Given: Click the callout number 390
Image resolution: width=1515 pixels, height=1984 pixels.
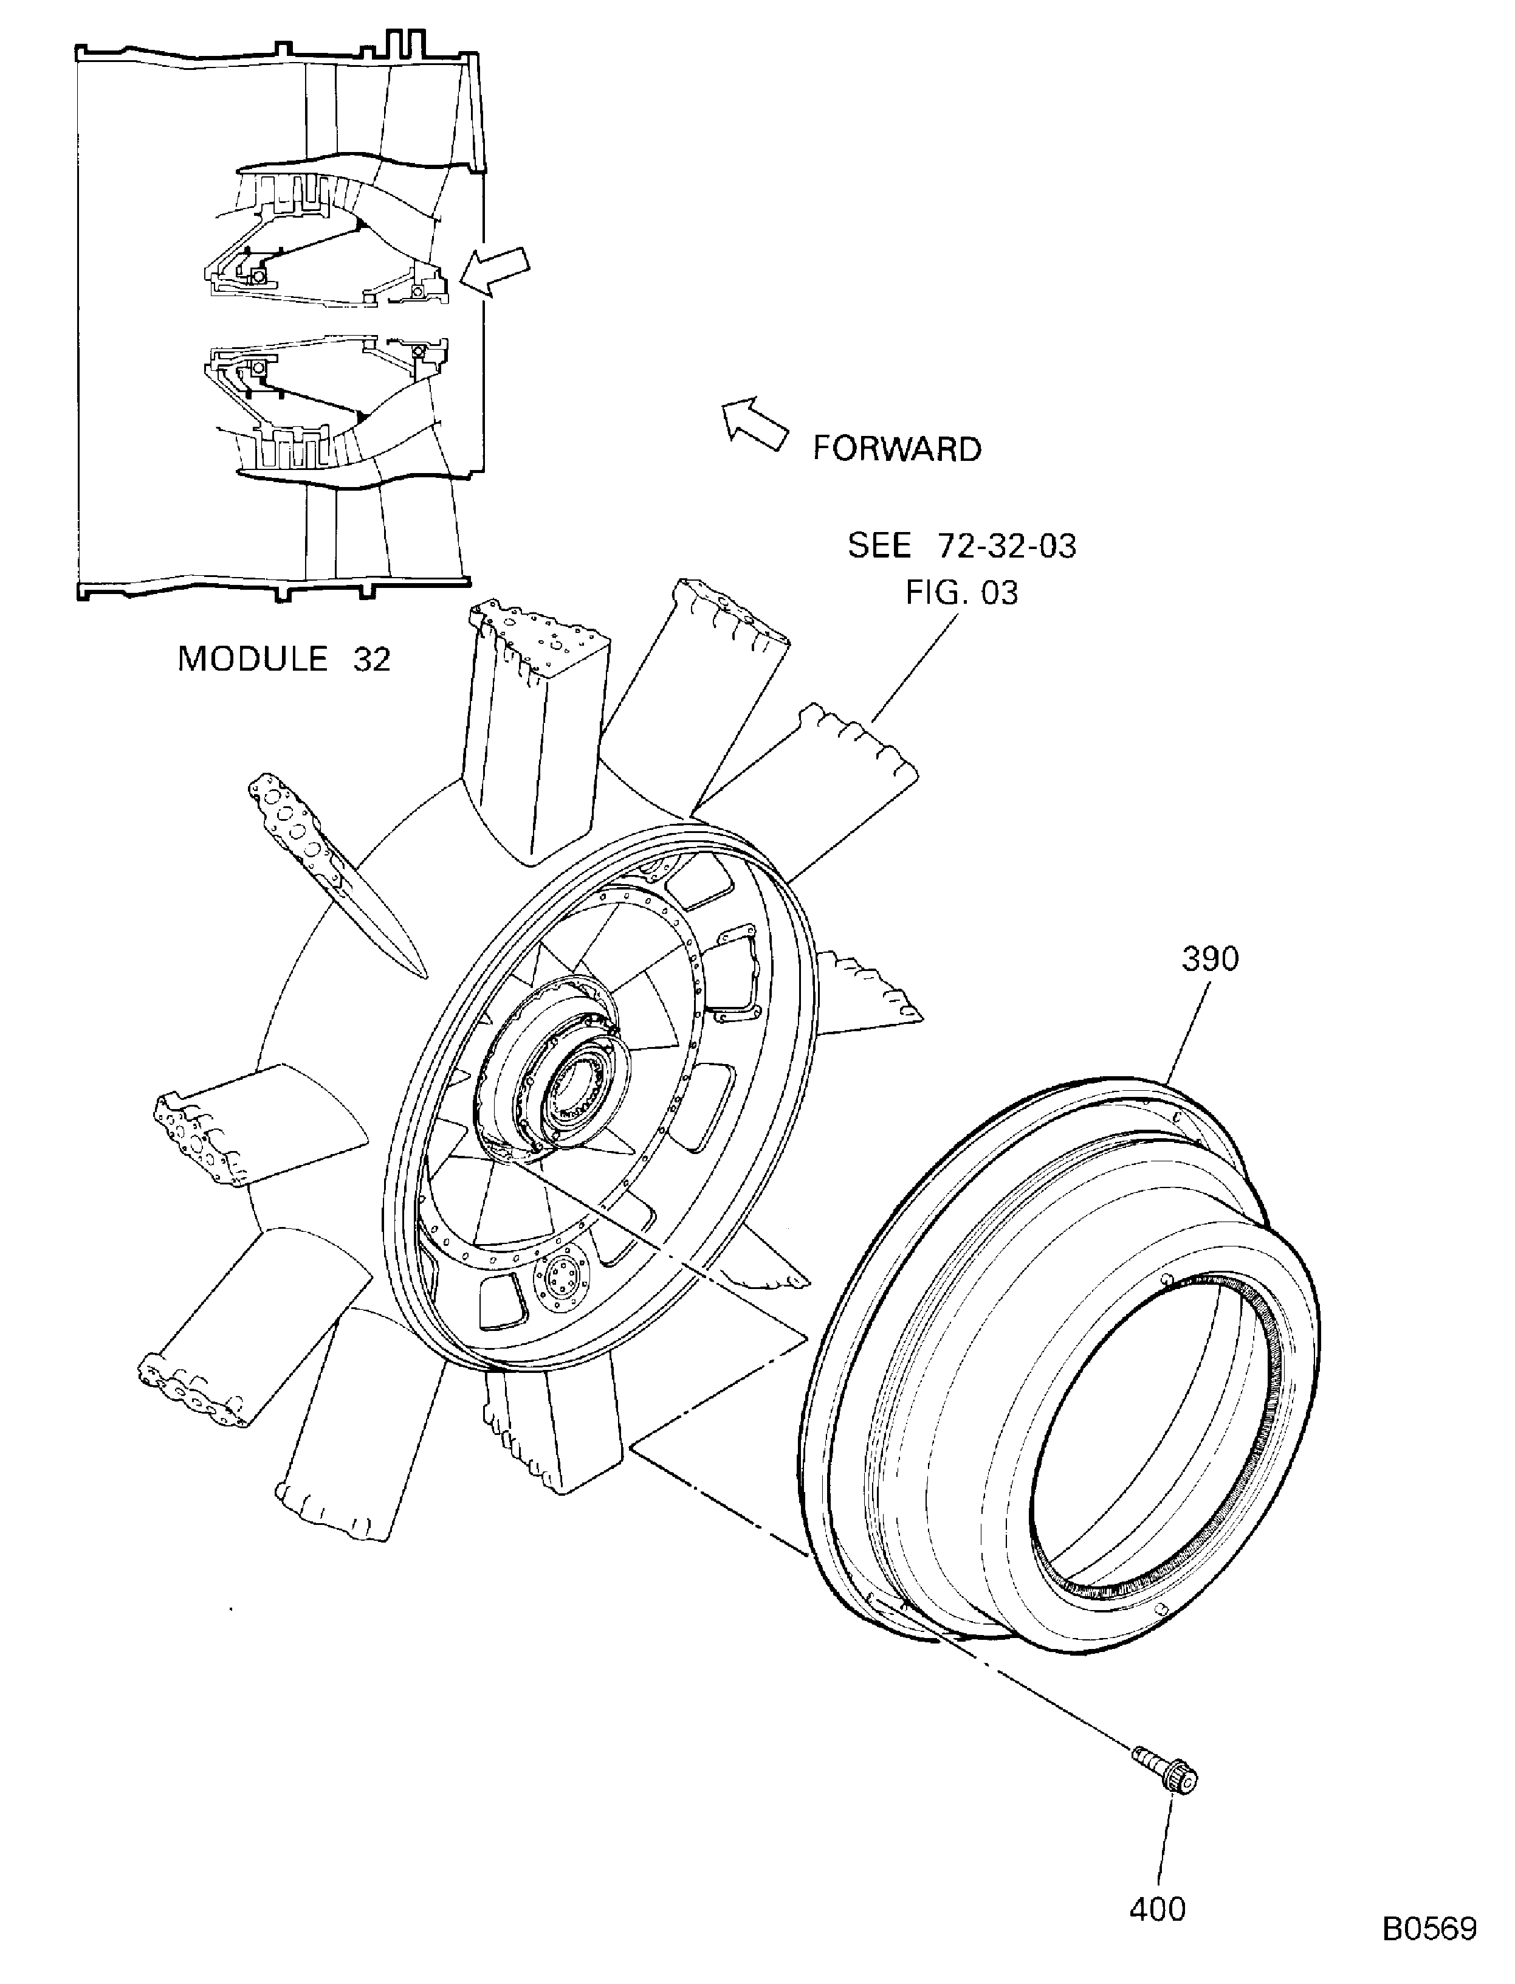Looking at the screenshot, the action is pyautogui.click(x=1210, y=959).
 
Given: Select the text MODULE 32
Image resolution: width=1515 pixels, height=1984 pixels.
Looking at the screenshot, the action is pyautogui.click(x=284, y=658).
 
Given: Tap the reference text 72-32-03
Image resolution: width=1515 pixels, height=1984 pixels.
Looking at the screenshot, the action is pyautogui.click(x=1008, y=546).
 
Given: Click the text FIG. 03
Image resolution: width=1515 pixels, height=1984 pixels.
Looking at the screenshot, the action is pyautogui.click(x=962, y=593).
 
